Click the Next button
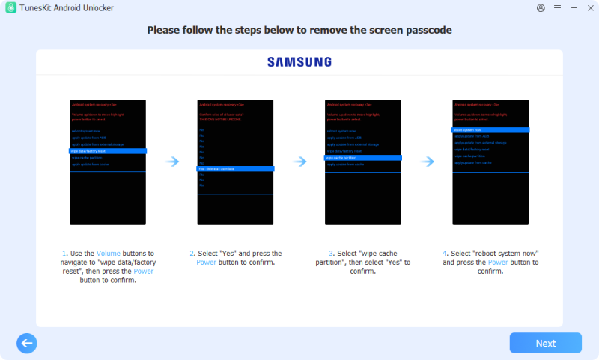point(545,343)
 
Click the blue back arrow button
point(27,343)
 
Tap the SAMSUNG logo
point(299,62)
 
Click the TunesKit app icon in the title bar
point(11,7)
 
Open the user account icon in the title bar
point(541,7)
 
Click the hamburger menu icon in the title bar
point(557,7)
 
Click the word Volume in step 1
point(108,254)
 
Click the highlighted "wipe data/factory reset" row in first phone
point(108,151)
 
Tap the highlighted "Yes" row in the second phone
point(225,169)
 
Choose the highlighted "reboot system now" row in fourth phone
point(491,130)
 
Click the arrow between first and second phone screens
point(172,162)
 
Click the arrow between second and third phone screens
point(299,162)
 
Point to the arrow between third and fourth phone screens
point(428,162)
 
